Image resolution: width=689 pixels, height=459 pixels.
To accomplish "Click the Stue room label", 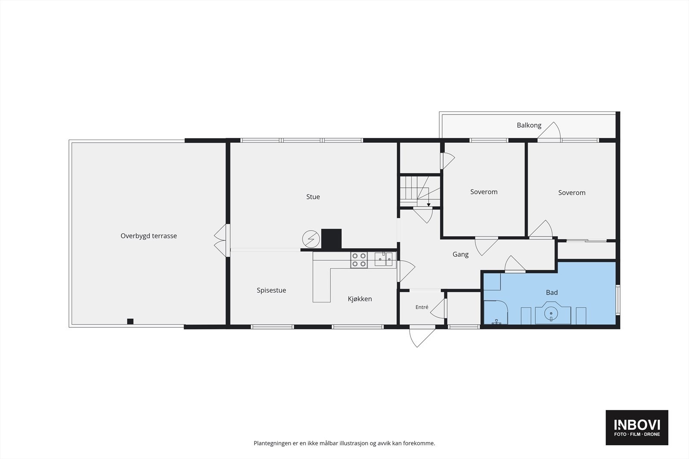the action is tap(313, 197).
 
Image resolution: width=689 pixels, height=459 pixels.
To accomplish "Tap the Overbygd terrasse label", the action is tap(149, 236).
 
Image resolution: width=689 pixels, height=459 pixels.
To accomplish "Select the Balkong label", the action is tap(529, 125).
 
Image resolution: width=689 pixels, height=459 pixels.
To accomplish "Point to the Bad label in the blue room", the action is tap(552, 293).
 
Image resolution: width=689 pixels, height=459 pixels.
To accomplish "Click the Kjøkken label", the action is tap(360, 299).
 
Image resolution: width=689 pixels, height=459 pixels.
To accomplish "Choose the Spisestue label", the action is tap(271, 290).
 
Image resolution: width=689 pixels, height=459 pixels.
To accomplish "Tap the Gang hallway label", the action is tap(460, 254).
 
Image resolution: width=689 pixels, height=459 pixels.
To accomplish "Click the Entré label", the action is tap(422, 307).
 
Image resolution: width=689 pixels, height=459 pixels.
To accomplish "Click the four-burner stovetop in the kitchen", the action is tap(359, 260).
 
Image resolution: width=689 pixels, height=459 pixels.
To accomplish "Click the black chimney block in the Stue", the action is tap(331, 239).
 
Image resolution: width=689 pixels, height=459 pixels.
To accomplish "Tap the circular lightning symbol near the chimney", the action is tap(311, 239).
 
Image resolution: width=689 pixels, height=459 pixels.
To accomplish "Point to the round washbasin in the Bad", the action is tap(551, 314).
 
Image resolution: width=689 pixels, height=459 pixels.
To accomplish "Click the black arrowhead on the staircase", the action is tap(428, 205).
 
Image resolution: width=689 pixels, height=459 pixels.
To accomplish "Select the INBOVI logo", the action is tap(637, 427).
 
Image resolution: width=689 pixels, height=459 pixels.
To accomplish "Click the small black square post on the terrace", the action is tap(130, 321).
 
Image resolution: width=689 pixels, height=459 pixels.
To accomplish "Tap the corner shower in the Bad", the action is tap(496, 312).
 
